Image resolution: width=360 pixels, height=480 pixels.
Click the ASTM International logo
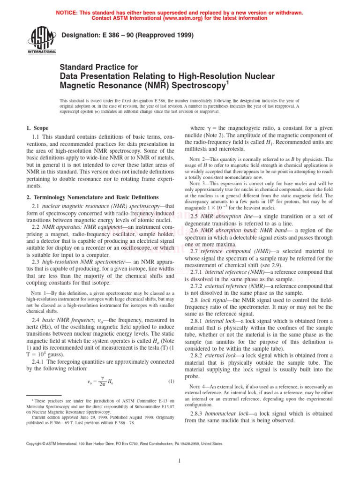point(43,40)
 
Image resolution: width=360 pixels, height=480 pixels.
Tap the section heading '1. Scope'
point(37,128)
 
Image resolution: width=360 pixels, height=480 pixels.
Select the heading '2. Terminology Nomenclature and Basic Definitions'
point(92,197)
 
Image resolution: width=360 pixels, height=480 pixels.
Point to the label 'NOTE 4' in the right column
point(198,386)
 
